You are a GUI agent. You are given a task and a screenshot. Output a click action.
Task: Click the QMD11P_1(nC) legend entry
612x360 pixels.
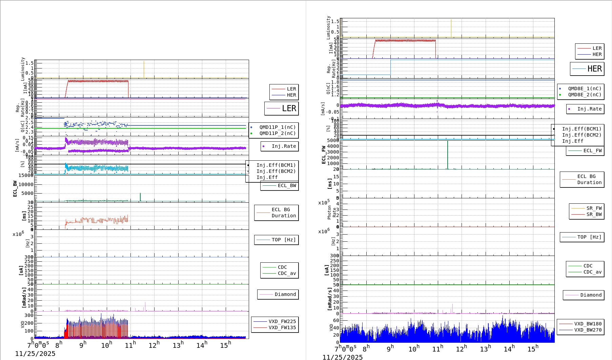[x=277, y=127]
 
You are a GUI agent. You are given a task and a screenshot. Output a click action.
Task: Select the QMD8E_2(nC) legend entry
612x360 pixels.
[x=585, y=95]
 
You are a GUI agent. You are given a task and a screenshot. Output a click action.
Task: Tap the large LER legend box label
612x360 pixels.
[x=289, y=108]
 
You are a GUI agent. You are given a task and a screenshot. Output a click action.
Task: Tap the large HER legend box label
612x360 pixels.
[x=594, y=69]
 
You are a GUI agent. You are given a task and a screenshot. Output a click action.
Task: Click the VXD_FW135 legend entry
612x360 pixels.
[x=282, y=327]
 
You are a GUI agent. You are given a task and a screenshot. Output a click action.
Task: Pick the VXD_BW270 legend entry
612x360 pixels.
[x=588, y=330]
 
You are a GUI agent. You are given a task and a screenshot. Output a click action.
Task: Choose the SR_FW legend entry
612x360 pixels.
[x=594, y=208]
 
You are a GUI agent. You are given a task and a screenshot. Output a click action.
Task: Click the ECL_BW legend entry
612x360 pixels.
[x=287, y=185]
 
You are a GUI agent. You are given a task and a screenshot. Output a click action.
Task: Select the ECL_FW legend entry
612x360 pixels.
[x=592, y=151]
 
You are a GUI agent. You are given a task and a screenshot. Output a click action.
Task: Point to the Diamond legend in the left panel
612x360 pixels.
[x=285, y=294]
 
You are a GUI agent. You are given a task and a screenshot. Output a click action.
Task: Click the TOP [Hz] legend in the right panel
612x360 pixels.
[x=589, y=237]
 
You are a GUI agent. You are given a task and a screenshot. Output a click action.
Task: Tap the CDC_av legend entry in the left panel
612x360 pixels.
[x=287, y=273]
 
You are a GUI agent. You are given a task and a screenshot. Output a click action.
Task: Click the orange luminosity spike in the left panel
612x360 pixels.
[x=144, y=69]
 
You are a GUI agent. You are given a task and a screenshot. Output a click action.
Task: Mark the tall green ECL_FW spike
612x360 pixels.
[x=448, y=154]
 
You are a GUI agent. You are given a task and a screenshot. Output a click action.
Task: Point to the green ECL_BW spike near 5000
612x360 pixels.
[x=140, y=197]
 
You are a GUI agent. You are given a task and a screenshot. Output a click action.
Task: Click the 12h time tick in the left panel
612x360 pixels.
[x=154, y=345]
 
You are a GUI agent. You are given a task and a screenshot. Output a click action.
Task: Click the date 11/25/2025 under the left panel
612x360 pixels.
[x=35, y=354]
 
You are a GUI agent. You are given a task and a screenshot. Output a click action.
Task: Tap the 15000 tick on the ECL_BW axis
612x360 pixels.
[x=26, y=175]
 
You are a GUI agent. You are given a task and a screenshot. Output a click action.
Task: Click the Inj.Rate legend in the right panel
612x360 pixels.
[x=589, y=109]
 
